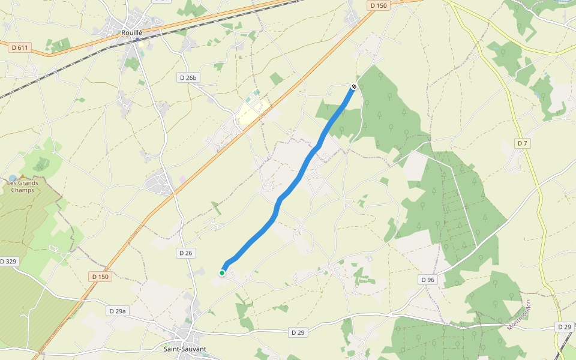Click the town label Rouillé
coord(131,33)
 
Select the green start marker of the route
coord(222,273)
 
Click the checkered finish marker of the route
coord(354,87)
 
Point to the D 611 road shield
coord(20,47)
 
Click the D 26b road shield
coord(188,77)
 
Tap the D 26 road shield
coord(186,253)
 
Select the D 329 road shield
coord(9,262)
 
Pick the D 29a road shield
coord(118,311)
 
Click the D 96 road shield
coord(427,280)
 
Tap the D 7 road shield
coord(522,143)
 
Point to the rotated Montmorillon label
coord(520,315)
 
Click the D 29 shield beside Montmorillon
coord(563,326)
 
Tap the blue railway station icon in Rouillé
coord(137,40)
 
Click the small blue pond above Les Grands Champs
coord(13,178)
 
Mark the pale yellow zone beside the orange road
coord(252,111)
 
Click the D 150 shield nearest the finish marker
coord(379,5)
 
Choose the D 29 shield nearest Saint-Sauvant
coord(298,332)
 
